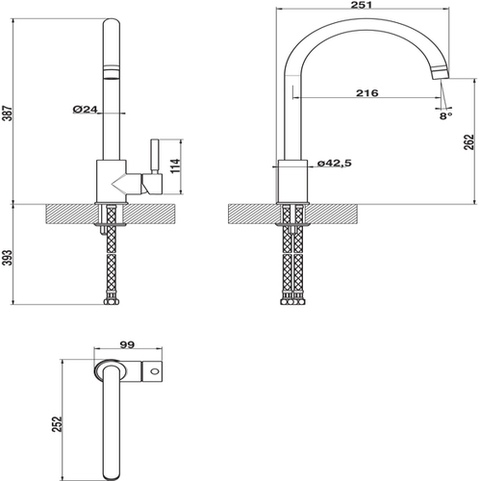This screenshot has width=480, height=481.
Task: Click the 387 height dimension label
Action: point(9,114)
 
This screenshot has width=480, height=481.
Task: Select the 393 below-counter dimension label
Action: point(9,257)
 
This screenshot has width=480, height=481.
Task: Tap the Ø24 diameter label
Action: point(85,110)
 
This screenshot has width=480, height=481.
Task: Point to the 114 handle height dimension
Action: point(176,165)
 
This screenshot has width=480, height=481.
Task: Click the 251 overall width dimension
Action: point(361,5)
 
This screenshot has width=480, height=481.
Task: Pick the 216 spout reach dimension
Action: point(367,93)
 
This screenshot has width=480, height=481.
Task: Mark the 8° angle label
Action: point(445,115)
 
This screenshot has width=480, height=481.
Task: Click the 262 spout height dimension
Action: point(468,142)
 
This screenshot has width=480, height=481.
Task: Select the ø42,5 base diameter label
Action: point(335,164)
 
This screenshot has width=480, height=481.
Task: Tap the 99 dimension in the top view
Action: point(127,344)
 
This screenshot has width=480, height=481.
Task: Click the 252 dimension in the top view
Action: point(57,424)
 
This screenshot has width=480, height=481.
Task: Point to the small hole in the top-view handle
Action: point(155,371)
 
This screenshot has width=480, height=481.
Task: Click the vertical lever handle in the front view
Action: point(154,157)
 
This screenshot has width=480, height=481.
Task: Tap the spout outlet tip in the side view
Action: point(441,73)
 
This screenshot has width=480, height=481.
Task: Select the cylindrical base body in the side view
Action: point(292,181)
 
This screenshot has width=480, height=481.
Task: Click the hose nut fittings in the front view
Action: point(112,300)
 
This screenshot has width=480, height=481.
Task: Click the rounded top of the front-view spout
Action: point(112,24)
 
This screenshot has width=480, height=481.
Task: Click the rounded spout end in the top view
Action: point(112,474)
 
